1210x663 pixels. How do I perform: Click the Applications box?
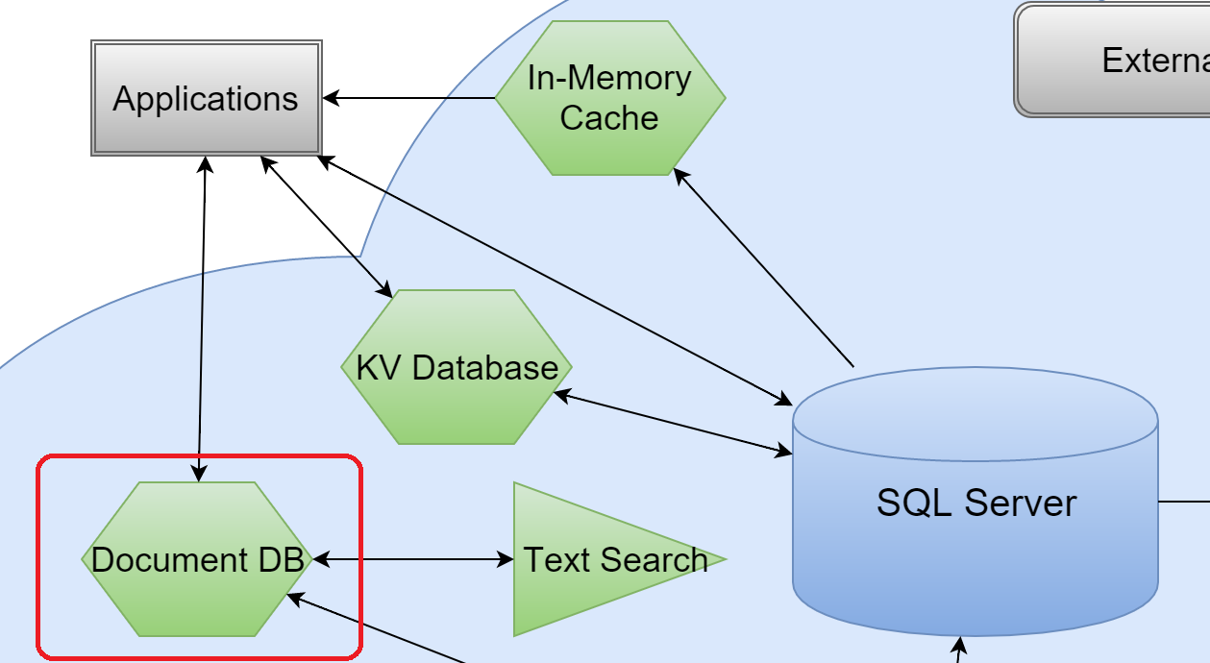pyautogui.click(x=206, y=98)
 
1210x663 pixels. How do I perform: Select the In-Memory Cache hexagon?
pyautogui.click(x=609, y=98)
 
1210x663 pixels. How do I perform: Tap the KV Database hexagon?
pyautogui.click(x=457, y=367)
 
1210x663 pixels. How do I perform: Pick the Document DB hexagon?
pyautogui.click(x=197, y=559)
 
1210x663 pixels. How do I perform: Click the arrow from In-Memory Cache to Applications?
pyautogui.click(x=408, y=98)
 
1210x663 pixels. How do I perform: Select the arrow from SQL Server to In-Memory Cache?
pyautogui.click(x=764, y=269)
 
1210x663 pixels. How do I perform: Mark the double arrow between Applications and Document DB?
pyautogui.click(x=202, y=317)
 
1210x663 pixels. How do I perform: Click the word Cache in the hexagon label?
pyautogui.click(x=609, y=118)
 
